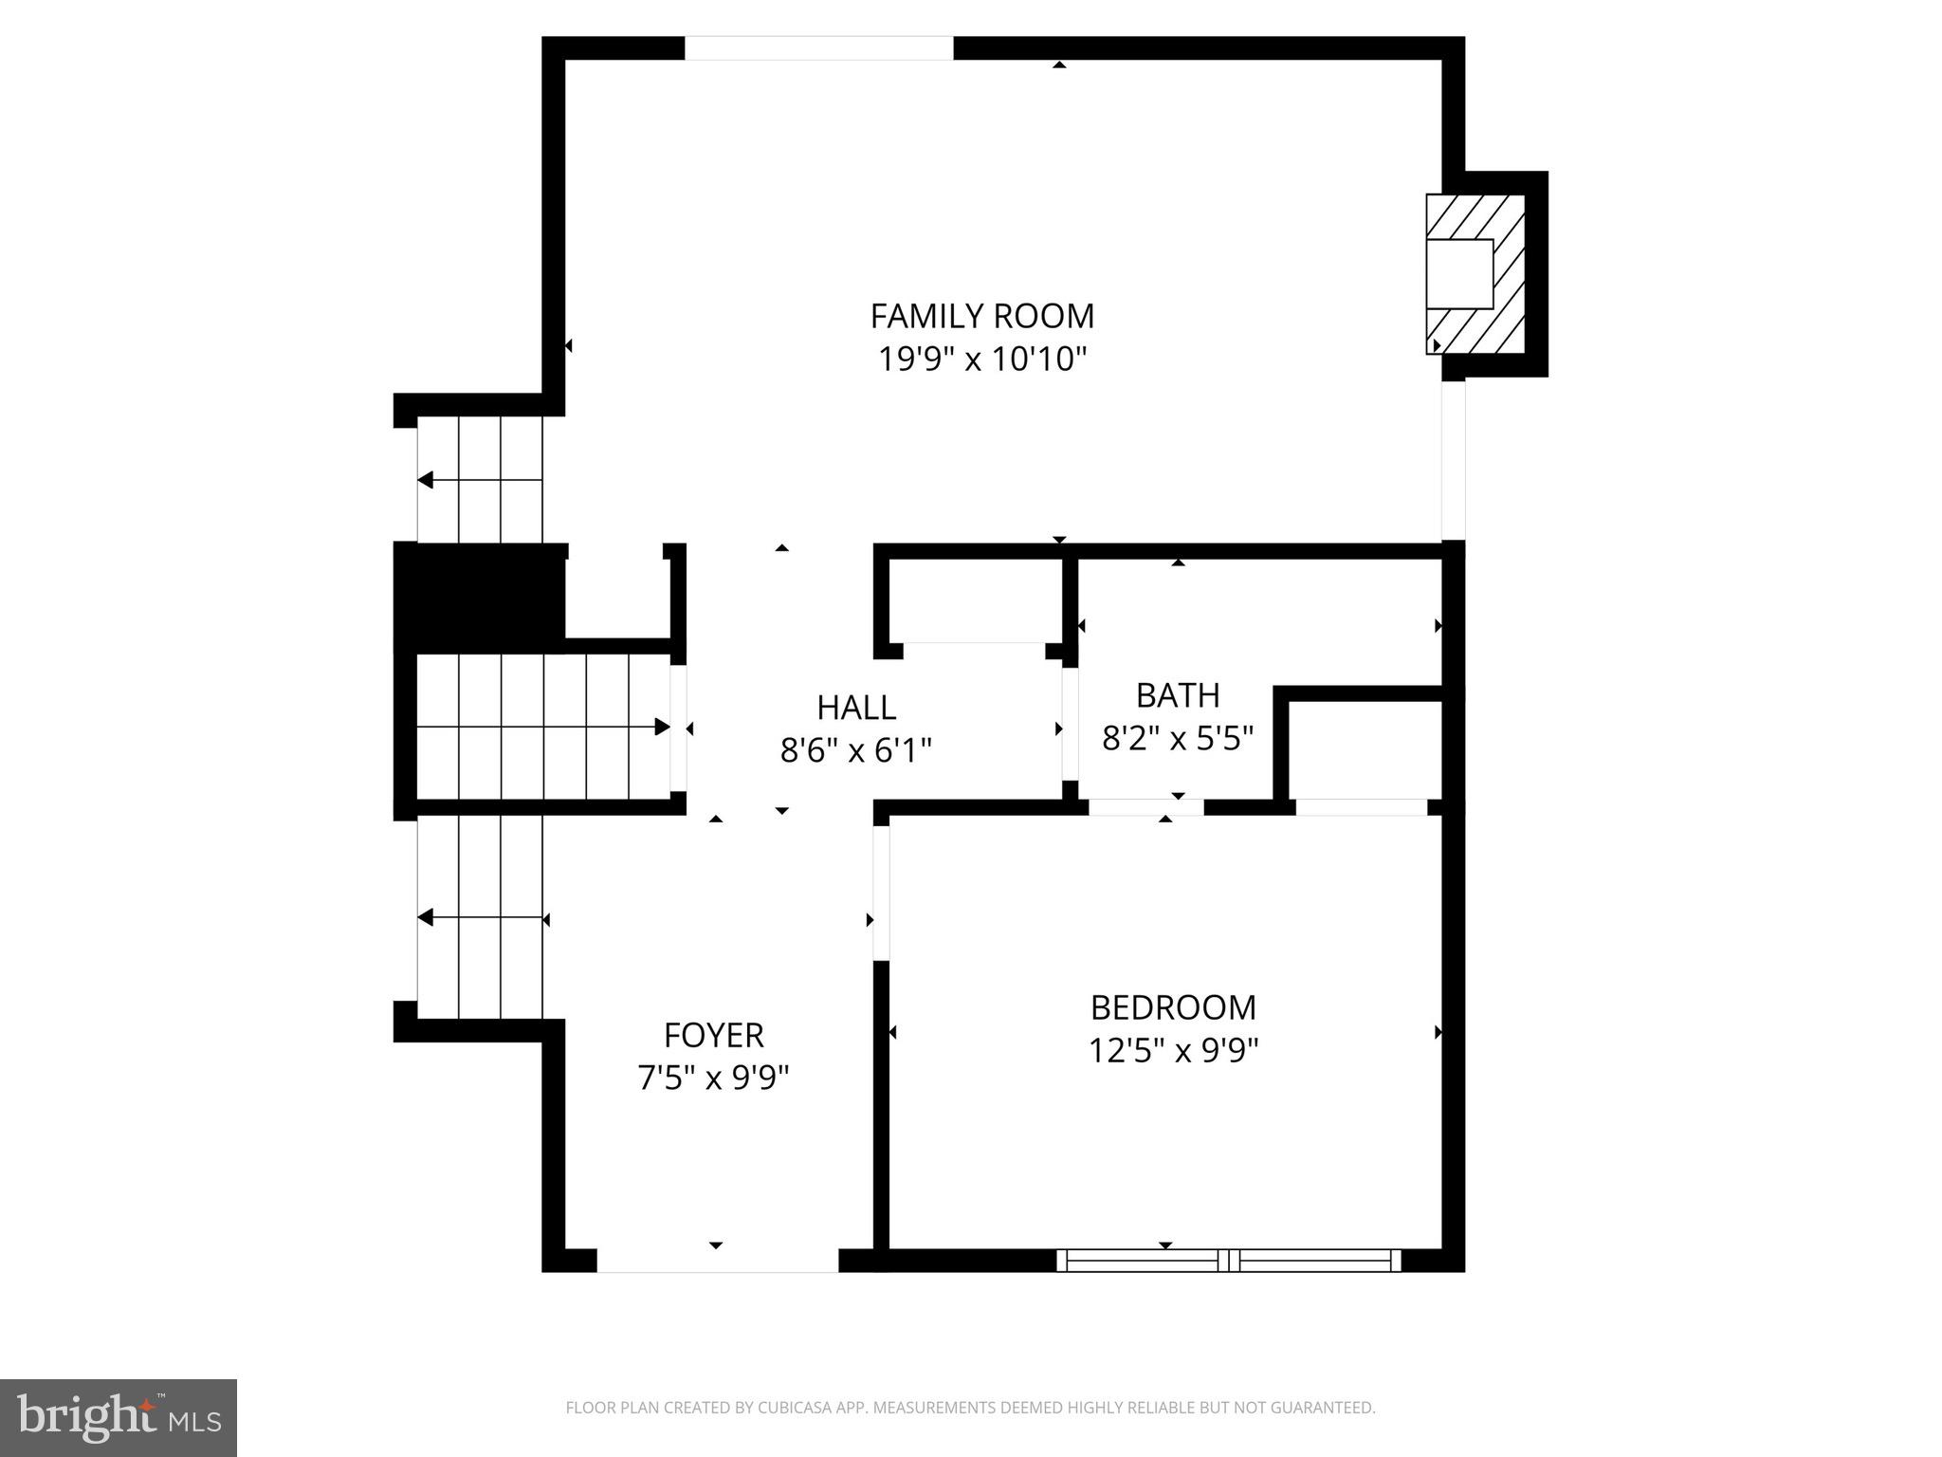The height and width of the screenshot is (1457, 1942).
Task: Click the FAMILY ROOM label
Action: [x=981, y=315]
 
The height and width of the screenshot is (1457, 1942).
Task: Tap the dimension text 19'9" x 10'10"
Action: [x=981, y=360]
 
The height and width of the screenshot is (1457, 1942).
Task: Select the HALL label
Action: [x=856, y=708]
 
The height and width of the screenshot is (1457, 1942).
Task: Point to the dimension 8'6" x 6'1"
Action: [x=856, y=751]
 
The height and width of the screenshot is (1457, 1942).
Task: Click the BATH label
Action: [x=1178, y=695]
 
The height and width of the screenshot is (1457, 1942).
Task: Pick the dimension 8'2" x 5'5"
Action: [x=1178, y=738]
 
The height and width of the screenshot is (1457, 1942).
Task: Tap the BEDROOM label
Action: [x=1173, y=1007]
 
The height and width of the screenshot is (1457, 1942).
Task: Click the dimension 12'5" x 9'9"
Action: [x=1173, y=1051]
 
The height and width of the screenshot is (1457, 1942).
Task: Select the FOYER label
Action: [x=713, y=1034]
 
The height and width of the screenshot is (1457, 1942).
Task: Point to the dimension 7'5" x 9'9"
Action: [x=713, y=1079]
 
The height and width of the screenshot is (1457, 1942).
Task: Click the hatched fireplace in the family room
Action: [x=1475, y=275]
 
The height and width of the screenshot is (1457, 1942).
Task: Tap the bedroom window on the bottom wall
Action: [x=1228, y=1260]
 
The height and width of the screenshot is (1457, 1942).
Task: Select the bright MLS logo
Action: [x=119, y=1417]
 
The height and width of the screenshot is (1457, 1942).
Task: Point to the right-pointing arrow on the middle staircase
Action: [x=662, y=728]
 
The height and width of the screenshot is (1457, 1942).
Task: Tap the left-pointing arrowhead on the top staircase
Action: [x=426, y=480]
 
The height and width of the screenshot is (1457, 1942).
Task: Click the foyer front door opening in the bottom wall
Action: [x=717, y=1261]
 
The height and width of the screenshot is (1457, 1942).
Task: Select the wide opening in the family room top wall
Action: [x=818, y=48]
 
